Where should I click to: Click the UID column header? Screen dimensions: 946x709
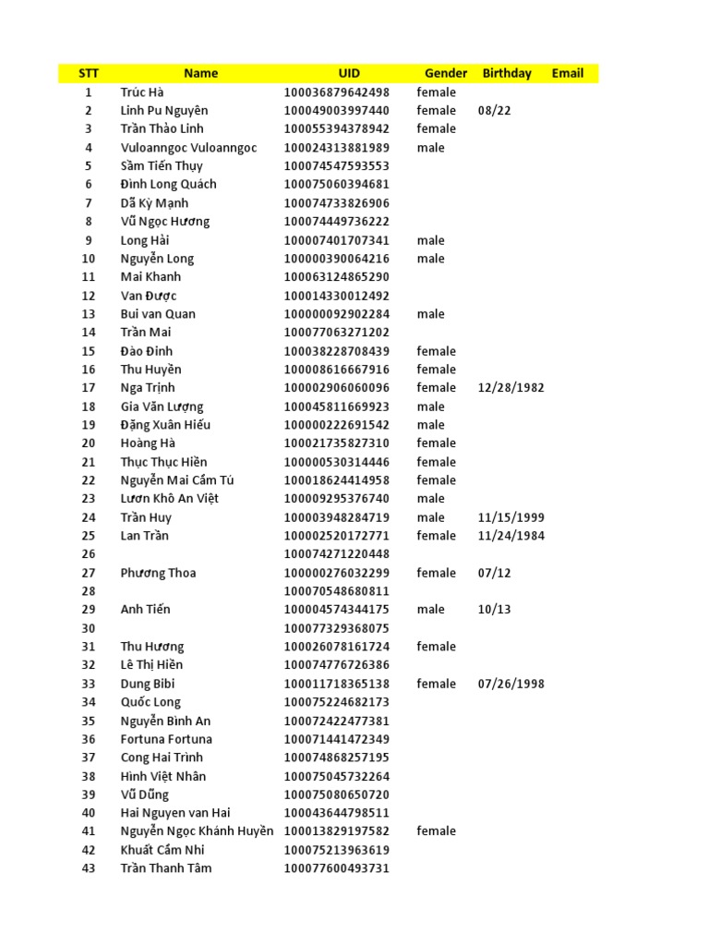tap(349, 73)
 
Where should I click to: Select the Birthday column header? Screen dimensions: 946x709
tap(507, 73)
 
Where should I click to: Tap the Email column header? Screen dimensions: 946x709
tap(568, 73)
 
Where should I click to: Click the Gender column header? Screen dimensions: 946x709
tap(446, 73)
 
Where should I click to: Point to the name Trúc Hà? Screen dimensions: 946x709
tap(142, 92)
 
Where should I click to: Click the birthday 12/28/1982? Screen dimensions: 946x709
tap(511, 388)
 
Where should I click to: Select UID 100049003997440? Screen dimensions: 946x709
tap(337, 111)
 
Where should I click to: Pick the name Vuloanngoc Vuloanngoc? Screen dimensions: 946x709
tap(188, 148)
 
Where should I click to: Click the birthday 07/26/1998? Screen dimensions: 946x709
tap(511, 684)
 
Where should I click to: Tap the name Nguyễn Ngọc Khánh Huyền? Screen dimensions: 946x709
tap(197, 831)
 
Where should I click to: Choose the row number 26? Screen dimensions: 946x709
tap(89, 554)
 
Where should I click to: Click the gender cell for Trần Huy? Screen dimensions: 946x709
tap(430, 517)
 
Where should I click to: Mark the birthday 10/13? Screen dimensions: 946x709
tap(494, 610)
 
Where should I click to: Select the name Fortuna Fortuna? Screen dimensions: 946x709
tap(166, 739)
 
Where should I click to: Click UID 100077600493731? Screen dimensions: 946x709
tap(337, 868)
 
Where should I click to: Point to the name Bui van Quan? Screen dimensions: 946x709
tap(158, 314)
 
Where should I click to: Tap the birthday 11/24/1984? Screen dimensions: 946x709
tap(511, 536)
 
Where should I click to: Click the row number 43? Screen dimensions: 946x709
tap(89, 868)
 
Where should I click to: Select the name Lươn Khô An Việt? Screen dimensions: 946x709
tap(169, 499)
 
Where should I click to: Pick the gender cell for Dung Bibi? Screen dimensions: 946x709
tap(436, 684)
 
